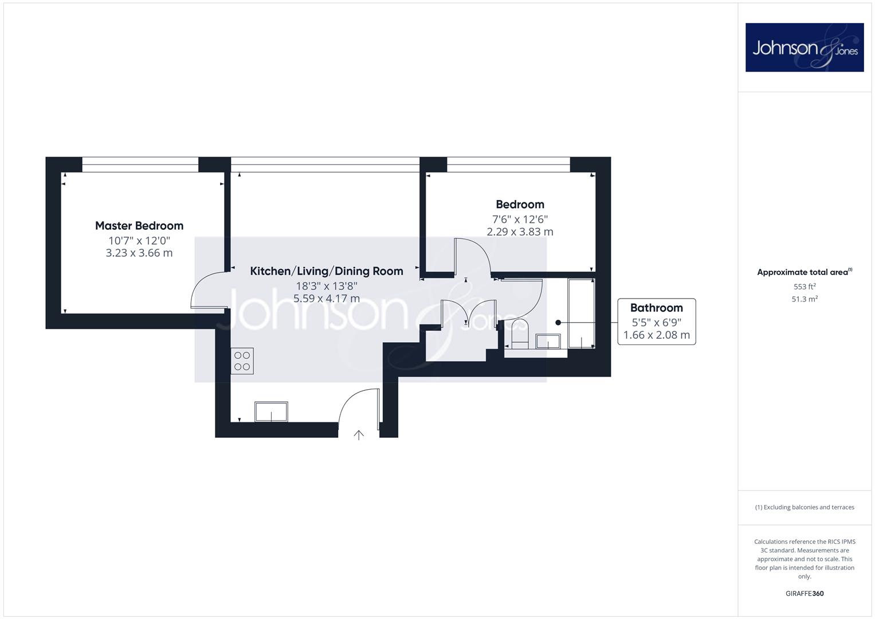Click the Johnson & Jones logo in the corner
805,47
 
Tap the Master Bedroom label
139,226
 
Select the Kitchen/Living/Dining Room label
327,271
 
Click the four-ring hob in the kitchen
242,361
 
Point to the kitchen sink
271,412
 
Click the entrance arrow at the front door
359,435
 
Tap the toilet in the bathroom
520,334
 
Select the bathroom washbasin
548,341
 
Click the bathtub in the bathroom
581,314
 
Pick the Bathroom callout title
657,308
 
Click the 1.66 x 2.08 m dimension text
657,335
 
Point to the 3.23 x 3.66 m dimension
139,253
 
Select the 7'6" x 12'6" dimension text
520,219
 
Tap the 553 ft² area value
805,287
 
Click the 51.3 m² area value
805,299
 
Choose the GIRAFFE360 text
805,593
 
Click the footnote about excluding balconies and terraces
805,507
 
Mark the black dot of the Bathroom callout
558,322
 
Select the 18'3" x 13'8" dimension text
327,286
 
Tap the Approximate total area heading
805,272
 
